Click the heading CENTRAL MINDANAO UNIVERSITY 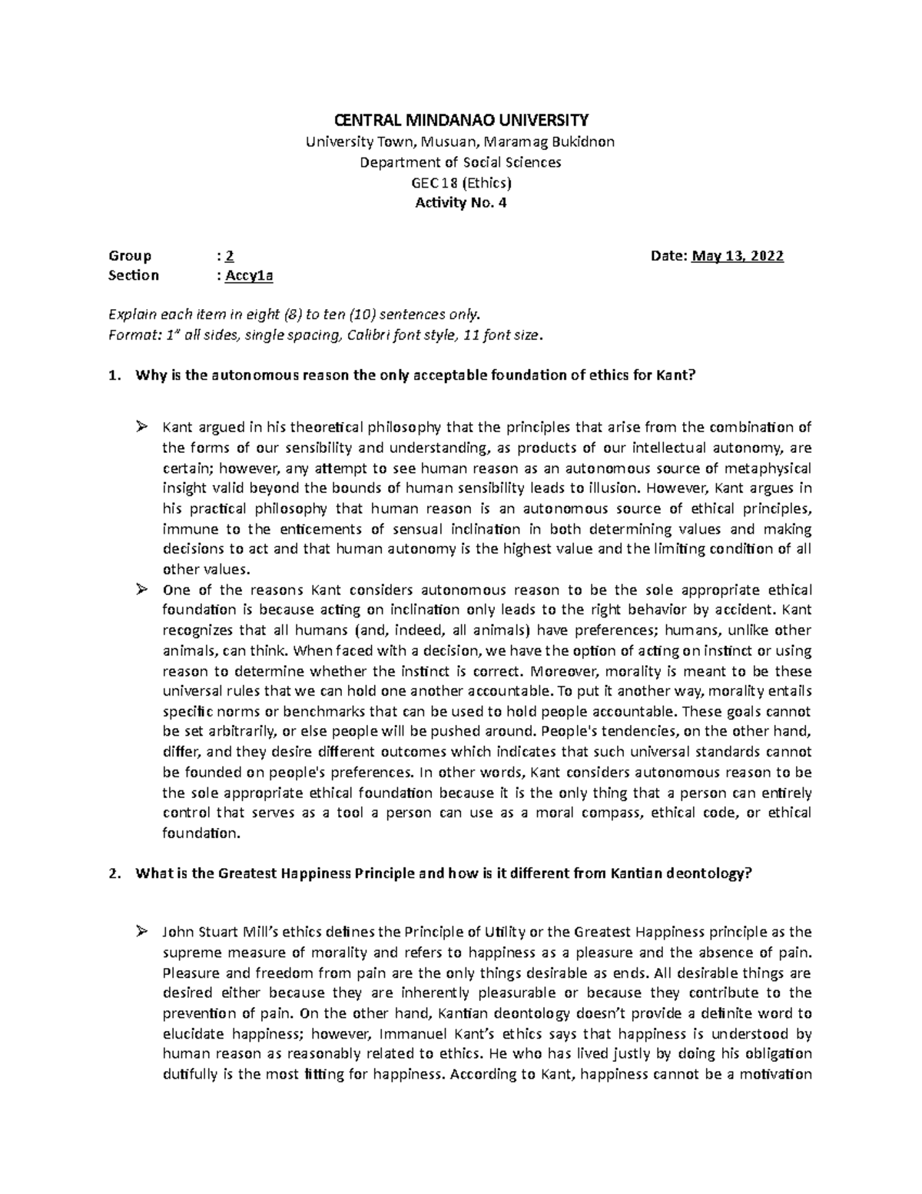(x=461, y=120)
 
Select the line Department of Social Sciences (x=461, y=162)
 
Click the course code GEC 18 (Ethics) (x=461, y=183)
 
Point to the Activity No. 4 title (x=461, y=203)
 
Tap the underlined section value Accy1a (x=249, y=276)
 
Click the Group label (x=130, y=256)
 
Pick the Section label (x=134, y=276)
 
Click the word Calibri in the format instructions (x=370, y=335)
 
